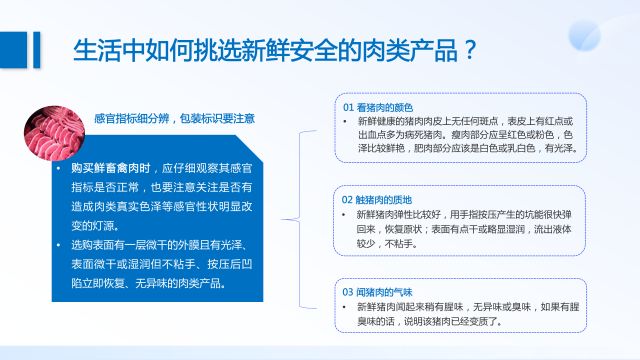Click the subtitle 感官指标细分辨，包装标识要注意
(x=175, y=117)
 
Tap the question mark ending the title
(x=465, y=49)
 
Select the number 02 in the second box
(x=348, y=196)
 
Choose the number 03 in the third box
(x=348, y=289)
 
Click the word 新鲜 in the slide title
(x=251, y=49)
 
